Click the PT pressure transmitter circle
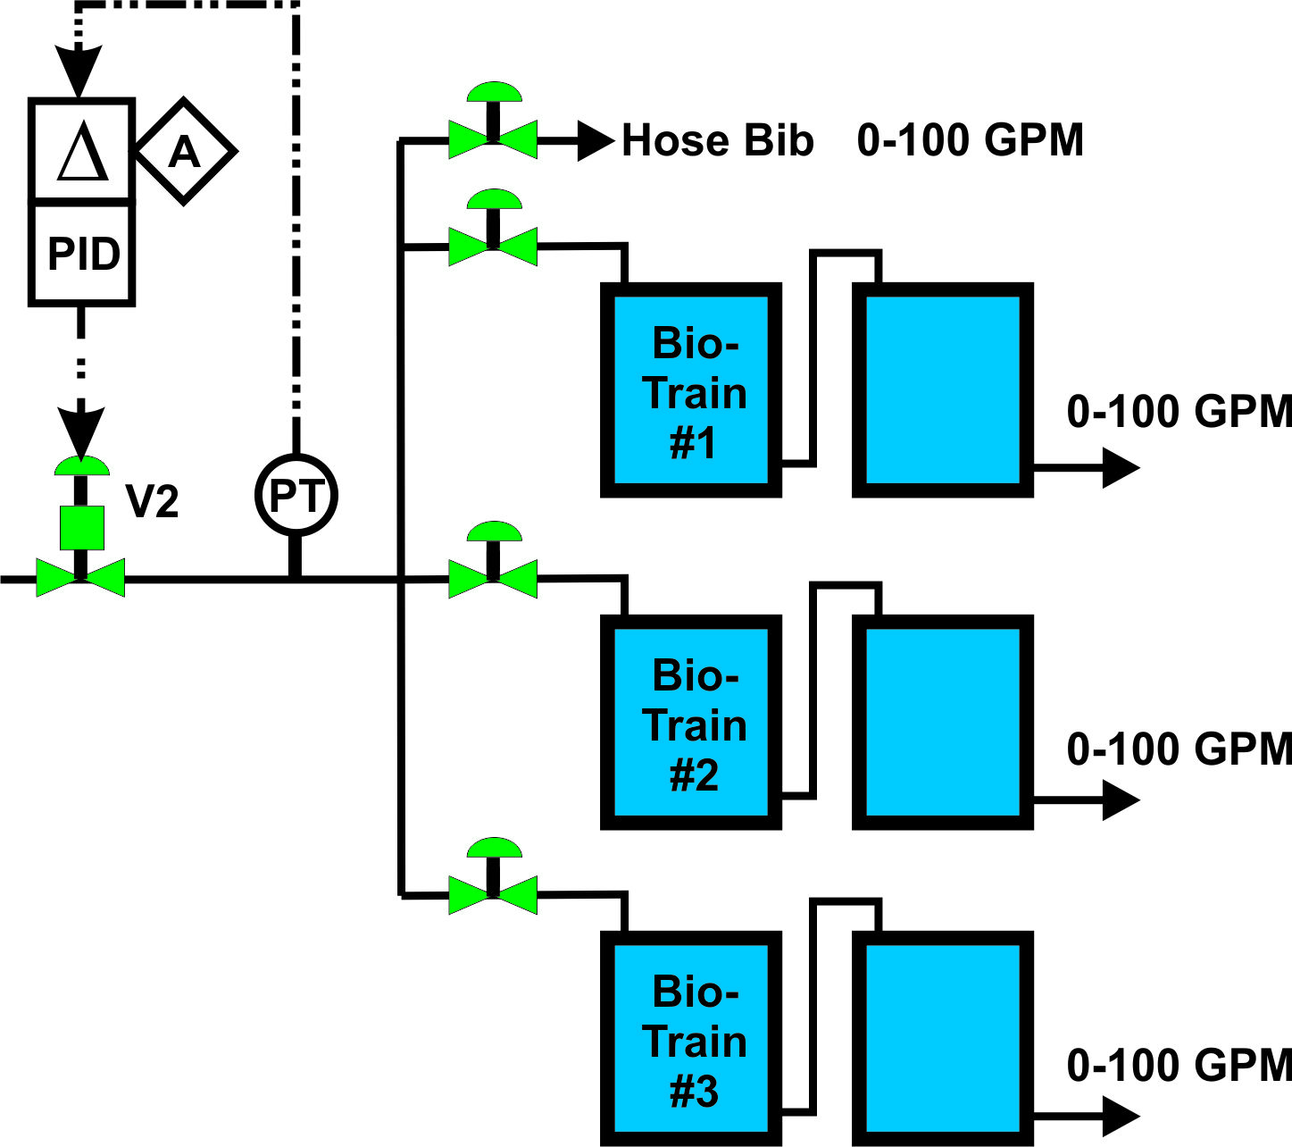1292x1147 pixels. pyautogui.click(x=296, y=495)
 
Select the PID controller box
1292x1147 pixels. pyautogui.click(x=82, y=254)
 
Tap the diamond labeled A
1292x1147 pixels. pyautogui.click(x=185, y=151)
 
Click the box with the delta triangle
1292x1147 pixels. pyautogui.click(x=82, y=150)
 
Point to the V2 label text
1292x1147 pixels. pyautogui.click(x=152, y=501)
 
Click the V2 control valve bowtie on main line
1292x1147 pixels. pyautogui.click(x=80, y=579)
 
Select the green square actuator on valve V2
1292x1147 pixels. pyautogui.click(x=81, y=527)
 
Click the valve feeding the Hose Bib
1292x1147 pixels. pyautogui.click(x=493, y=139)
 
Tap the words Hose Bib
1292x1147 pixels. pyautogui.click(x=717, y=140)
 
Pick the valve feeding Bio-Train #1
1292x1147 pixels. pyautogui.click(x=493, y=247)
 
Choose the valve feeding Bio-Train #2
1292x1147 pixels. pyautogui.click(x=493, y=579)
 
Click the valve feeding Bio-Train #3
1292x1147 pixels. pyautogui.click(x=493, y=894)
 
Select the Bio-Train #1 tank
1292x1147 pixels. pyautogui.click(x=691, y=390)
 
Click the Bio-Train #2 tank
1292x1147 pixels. pyautogui.click(x=691, y=723)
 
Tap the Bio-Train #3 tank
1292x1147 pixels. pyautogui.click(x=691, y=1039)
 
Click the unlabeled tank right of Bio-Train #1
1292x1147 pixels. pyautogui.click(x=943, y=390)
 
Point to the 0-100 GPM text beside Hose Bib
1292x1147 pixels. pyautogui.click(x=971, y=140)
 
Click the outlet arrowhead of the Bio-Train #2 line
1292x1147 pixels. pyautogui.click(x=1121, y=800)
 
